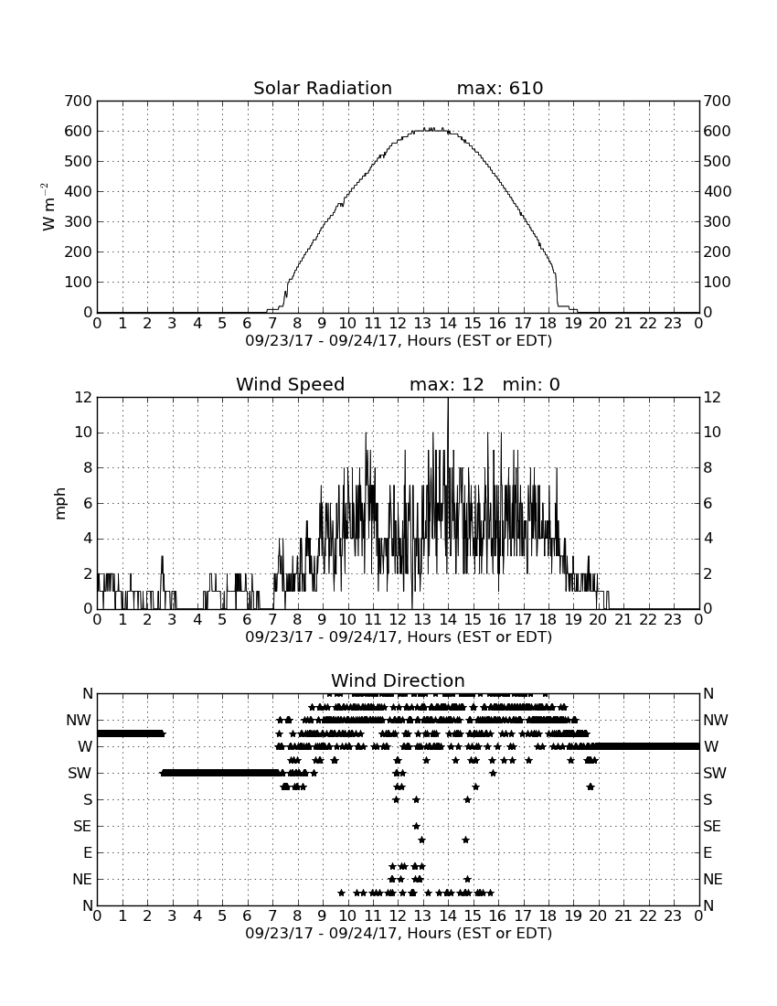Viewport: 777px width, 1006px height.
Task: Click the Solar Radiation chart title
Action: [x=323, y=88]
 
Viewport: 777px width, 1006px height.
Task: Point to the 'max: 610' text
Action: [x=500, y=88]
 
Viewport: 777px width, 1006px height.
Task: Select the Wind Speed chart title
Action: [x=291, y=384]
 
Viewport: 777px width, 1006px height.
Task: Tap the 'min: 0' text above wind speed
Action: [x=531, y=384]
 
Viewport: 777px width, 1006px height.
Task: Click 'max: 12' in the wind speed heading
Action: [x=447, y=384]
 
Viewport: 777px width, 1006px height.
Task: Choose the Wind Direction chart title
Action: [x=398, y=680]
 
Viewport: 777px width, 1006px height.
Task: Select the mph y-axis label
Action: [x=59, y=504]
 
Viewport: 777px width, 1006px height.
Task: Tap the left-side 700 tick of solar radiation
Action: [x=79, y=101]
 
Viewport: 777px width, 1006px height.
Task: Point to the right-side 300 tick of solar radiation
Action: [x=717, y=221]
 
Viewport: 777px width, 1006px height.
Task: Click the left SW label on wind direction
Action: [x=80, y=773]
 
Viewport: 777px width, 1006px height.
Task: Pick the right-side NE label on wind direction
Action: [x=713, y=879]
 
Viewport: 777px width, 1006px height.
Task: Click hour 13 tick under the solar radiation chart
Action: [x=422, y=324]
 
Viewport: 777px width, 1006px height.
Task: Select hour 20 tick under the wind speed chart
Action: [x=598, y=620]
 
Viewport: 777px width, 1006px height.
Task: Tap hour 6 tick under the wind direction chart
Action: [x=247, y=916]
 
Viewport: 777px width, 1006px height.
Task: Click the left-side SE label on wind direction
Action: [x=82, y=827]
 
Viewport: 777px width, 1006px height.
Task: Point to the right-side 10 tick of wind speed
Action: [x=712, y=433]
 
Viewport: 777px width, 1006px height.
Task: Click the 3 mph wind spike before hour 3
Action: [x=162, y=558]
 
